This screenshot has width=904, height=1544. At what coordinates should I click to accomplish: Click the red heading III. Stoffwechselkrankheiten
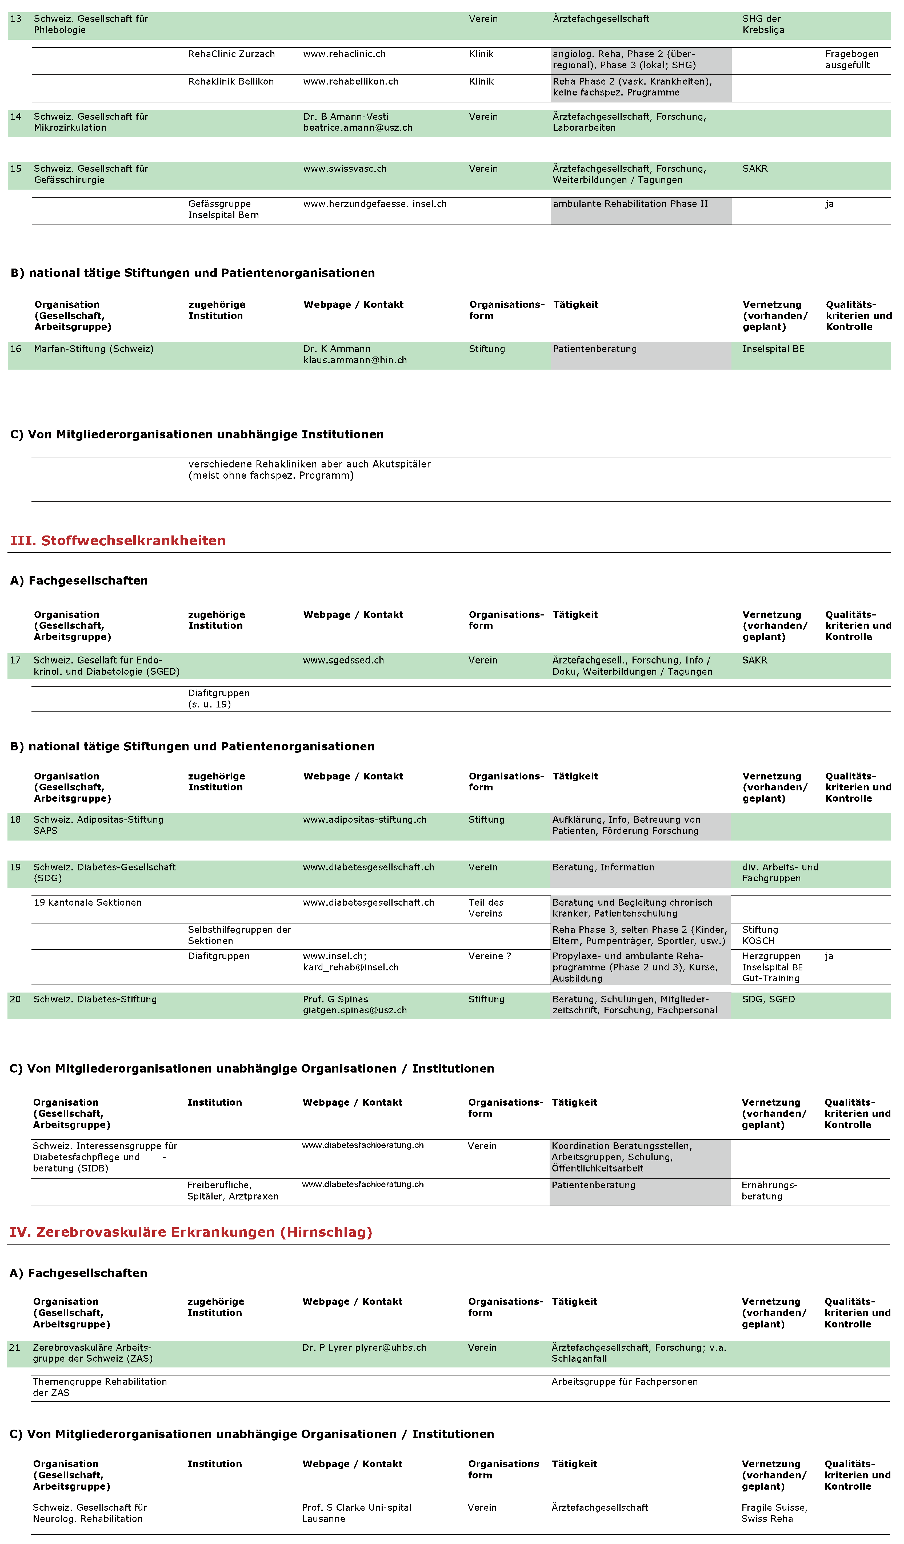click(118, 540)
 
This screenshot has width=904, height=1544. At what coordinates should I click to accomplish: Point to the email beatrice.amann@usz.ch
click(357, 127)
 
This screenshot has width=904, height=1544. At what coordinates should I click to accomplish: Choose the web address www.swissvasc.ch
click(345, 169)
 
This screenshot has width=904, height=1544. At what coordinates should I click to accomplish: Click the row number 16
click(15, 349)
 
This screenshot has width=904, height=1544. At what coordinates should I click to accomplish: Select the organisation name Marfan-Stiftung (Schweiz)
click(93, 349)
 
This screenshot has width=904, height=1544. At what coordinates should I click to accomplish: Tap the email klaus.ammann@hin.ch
click(355, 360)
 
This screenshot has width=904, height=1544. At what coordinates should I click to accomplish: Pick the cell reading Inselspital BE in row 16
click(773, 349)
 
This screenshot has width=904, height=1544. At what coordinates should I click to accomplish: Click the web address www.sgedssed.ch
click(343, 660)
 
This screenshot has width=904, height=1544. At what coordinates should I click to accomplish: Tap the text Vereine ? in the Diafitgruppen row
click(489, 956)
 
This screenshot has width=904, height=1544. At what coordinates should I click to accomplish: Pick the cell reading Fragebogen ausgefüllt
click(851, 59)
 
